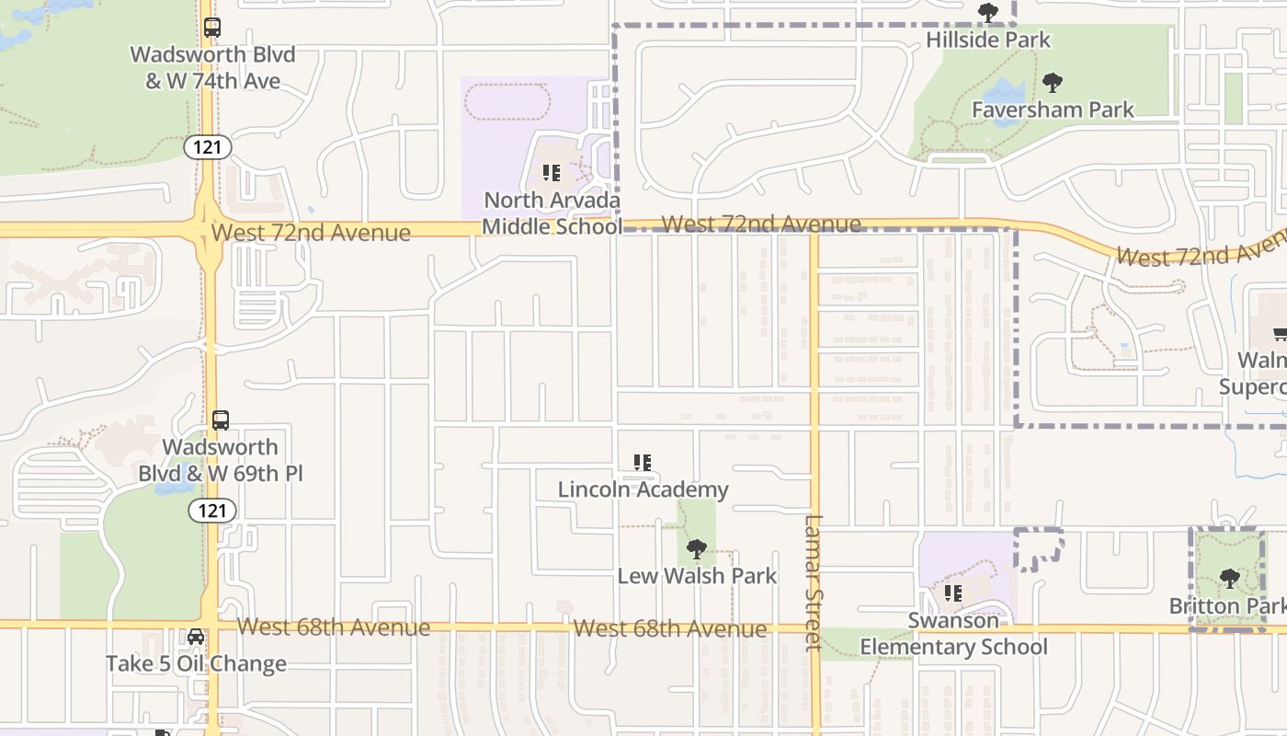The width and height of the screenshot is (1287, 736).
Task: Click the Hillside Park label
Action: (x=987, y=40)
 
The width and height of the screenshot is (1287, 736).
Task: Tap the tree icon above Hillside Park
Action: (x=988, y=13)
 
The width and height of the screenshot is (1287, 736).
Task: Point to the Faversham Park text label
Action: (x=1053, y=109)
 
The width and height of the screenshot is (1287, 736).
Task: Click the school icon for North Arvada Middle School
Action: (x=552, y=173)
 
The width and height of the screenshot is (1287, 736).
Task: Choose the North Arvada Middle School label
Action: (x=552, y=213)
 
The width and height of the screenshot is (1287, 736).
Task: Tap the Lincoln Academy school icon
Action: (x=643, y=463)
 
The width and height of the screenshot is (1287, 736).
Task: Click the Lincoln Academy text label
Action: (x=643, y=489)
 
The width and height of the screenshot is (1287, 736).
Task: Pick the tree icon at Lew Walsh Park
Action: (x=697, y=550)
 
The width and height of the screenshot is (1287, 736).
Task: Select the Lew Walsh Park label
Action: (x=697, y=576)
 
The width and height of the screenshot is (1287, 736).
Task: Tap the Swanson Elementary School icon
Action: (x=953, y=593)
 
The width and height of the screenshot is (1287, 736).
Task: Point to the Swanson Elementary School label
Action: (x=953, y=634)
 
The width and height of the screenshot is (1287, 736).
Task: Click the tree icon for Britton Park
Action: (x=1229, y=579)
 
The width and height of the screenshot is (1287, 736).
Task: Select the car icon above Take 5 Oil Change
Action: (x=196, y=637)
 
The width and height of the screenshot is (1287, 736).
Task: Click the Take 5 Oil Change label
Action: (x=196, y=663)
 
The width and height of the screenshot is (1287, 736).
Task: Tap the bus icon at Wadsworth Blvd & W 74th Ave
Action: (x=212, y=28)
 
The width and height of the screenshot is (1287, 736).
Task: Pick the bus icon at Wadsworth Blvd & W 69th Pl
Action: (x=221, y=420)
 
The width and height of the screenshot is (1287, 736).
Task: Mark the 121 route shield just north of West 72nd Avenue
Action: (x=207, y=147)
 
